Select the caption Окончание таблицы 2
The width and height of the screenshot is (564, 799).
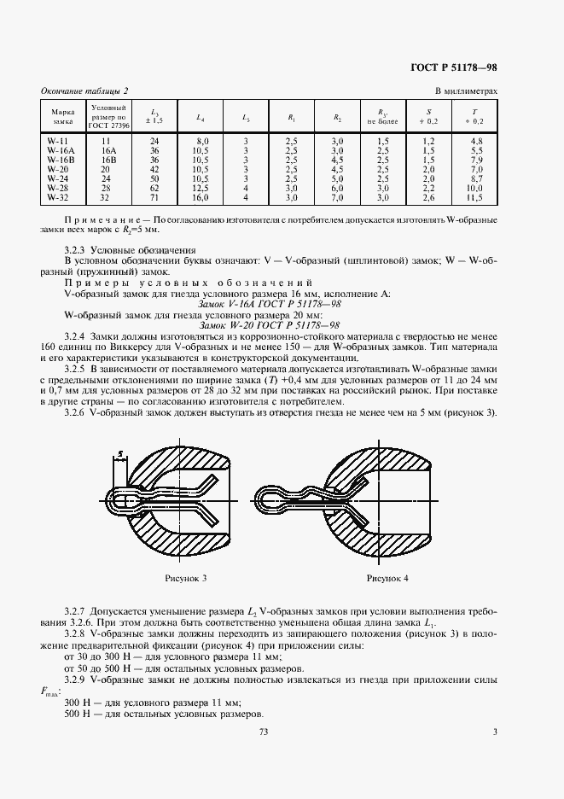(85, 90)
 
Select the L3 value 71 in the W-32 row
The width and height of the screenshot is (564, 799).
(154, 197)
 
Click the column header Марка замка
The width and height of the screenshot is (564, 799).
(62, 115)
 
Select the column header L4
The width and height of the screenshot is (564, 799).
(200, 116)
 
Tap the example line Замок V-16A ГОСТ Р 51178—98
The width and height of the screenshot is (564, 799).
(269, 304)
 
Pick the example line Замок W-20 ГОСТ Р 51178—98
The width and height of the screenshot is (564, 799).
(269, 325)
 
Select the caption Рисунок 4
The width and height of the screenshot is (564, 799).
(387, 579)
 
